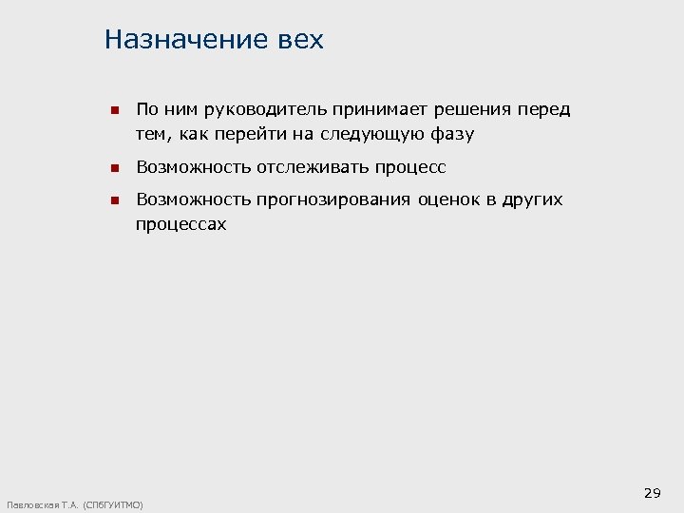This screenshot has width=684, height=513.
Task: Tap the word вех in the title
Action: (x=302, y=40)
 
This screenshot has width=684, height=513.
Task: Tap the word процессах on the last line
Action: (x=180, y=225)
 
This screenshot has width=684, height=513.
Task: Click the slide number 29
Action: (x=652, y=493)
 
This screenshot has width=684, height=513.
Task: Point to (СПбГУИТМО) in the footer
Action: (x=113, y=504)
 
